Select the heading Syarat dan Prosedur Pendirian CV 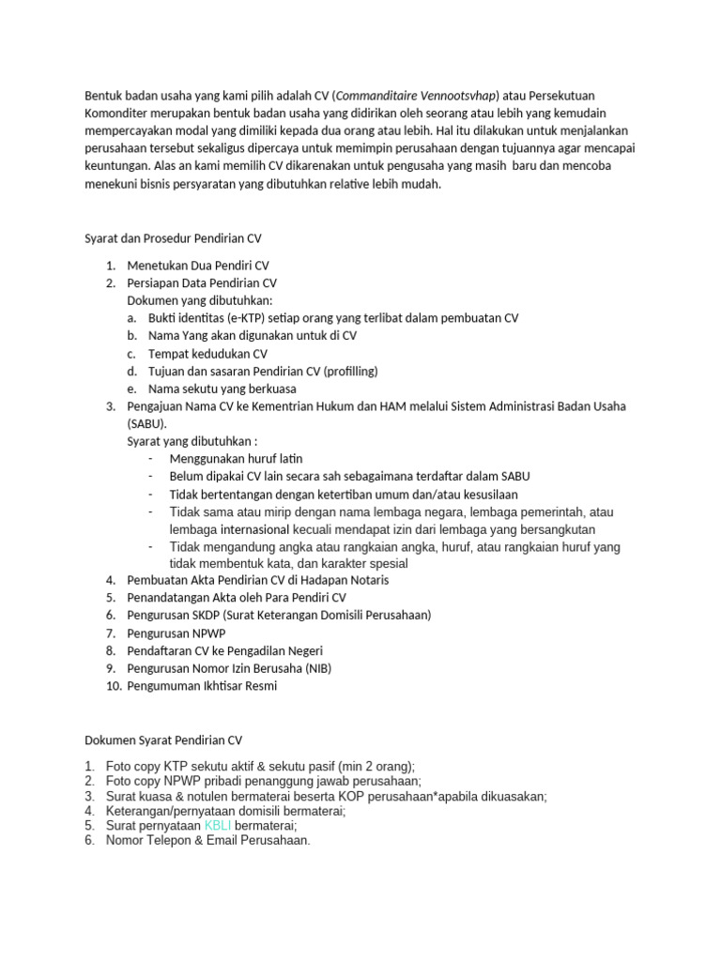click(x=174, y=238)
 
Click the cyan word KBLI click(x=218, y=825)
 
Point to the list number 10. click(x=114, y=685)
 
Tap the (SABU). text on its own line click(x=147, y=423)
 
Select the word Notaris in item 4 click(x=368, y=580)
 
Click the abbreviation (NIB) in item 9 click(x=314, y=668)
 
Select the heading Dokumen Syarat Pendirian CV click(x=163, y=740)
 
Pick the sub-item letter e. click(x=132, y=389)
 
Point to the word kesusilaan click(x=483, y=494)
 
